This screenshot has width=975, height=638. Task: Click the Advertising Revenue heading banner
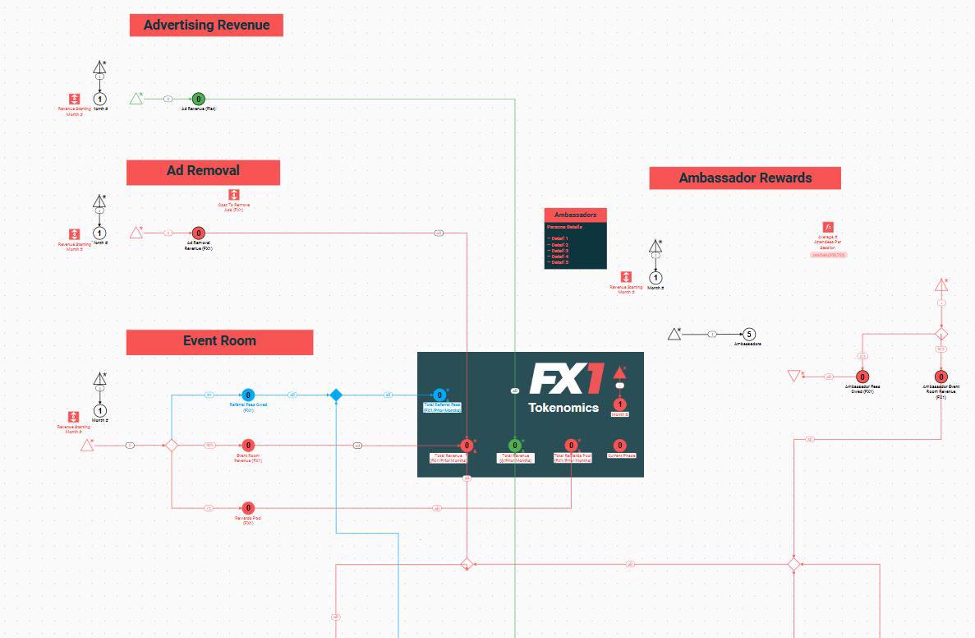pyautogui.click(x=206, y=25)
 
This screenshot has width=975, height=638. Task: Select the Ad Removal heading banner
pyautogui.click(x=203, y=172)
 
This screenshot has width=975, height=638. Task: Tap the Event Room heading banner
pyautogui.click(x=219, y=342)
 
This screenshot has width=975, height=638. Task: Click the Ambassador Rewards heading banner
pyautogui.click(x=745, y=178)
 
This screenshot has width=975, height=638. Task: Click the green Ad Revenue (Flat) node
pyautogui.click(x=198, y=99)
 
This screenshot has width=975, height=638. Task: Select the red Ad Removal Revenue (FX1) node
pyautogui.click(x=198, y=233)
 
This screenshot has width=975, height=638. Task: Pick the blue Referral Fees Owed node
pyautogui.click(x=248, y=395)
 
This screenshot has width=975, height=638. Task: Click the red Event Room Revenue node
pyautogui.click(x=248, y=446)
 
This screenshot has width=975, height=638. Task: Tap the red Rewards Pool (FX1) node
pyautogui.click(x=248, y=508)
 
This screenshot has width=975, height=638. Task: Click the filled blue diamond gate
pyautogui.click(x=336, y=395)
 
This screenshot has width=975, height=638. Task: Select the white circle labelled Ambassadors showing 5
pyautogui.click(x=748, y=335)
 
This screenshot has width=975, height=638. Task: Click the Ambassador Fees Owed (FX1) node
pyautogui.click(x=862, y=377)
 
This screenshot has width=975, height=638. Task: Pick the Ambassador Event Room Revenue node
pyautogui.click(x=941, y=377)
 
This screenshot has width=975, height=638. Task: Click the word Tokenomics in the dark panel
pyautogui.click(x=563, y=408)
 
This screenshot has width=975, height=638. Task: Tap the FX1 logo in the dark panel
pyautogui.click(x=566, y=379)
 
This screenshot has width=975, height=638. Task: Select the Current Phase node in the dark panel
pyautogui.click(x=620, y=446)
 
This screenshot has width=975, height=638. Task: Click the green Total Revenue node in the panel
pyautogui.click(x=515, y=446)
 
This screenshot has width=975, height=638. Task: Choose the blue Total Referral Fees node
pyautogui.click(x=440, y=395)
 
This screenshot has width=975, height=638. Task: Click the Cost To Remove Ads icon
pyautogui.click(x=234, y=194)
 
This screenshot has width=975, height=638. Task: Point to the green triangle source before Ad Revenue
pyautogui.click(x=137, y=99)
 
